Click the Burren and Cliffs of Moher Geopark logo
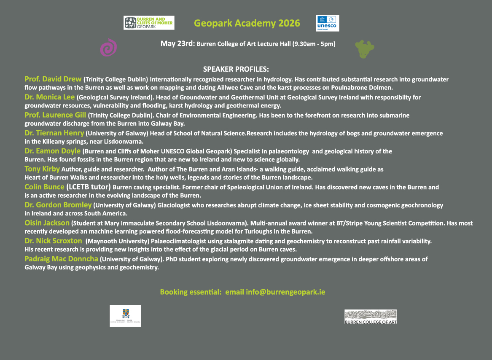pyautogui.click(x=149, y=23)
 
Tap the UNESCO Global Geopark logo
pyautogui.click(x=327, y=23)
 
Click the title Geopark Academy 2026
pyautogui.click(x=247, y=23)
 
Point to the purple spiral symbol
pyautogui.click(x=108, y=47)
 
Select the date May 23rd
pyautogui.click(x=177, y=43)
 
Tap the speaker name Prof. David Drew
pyautogui.click(x=53, y=79)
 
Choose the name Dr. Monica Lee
pyautogui.click(x=50, y=97)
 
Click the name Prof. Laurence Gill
pyautogui.click(x=55, y=115)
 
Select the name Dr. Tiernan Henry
pyautogui.click(x=54, y=133)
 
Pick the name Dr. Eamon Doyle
pyautogui.click(x=53, y=151)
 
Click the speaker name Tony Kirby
pyautogui.click(x=42, y=169)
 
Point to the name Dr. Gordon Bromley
pyautogui.click(x=58, y=205)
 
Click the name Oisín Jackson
pyautogui.click(x=47, y=223)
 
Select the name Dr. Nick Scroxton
pyautogui.click(x=53, y=241)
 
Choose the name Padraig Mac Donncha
pyautogui.click(x=62, y=259)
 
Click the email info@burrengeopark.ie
pyautogui.click(x=285, y=292)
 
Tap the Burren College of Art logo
pyautogui.click(x=371, y=317)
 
